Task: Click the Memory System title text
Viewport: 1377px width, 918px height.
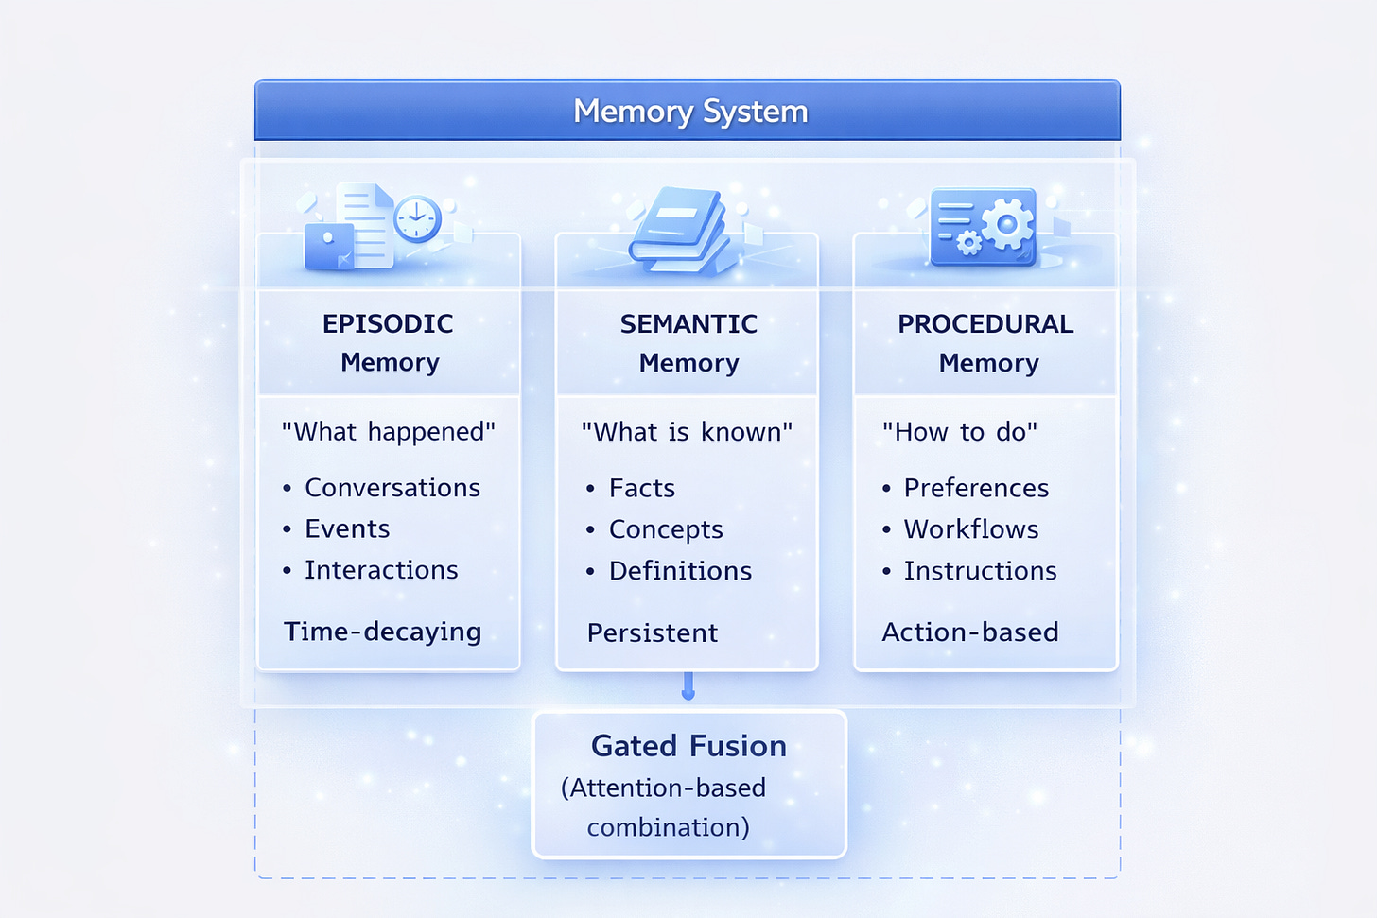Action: point(690,112)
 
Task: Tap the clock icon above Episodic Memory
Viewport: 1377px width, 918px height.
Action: point(416,219)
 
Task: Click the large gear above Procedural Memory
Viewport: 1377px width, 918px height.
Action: point(1007,224)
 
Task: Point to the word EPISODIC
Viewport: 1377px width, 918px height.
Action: point(388,324)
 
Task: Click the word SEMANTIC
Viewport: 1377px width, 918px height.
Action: point(688,324)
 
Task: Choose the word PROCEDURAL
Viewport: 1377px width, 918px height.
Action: point(985,324)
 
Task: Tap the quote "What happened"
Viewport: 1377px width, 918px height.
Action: point(388,432)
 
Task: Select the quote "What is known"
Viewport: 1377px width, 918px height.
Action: point(687,432)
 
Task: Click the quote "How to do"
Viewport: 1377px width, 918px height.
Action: point(959,432)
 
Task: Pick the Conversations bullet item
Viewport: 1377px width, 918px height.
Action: point(392,488)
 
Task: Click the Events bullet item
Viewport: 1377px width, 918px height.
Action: point(347,529)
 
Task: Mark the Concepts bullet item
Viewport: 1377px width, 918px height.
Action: point(666,529)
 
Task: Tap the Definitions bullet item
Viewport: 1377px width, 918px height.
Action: point(680,571)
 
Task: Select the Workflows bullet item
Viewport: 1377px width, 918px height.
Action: point(971,529)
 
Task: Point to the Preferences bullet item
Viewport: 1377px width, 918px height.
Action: point(976,488)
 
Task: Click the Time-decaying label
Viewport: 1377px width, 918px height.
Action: point(382,632)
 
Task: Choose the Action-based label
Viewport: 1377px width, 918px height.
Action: point(969,632)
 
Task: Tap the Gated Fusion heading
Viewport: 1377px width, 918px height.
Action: point(688,746)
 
